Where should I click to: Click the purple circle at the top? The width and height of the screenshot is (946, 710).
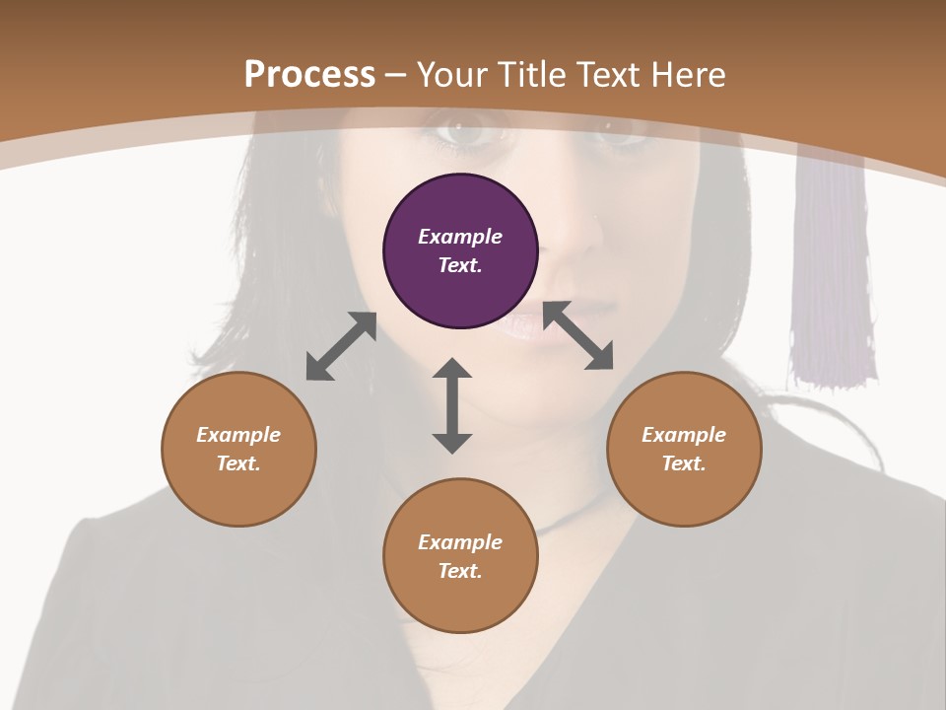tap(460, 250)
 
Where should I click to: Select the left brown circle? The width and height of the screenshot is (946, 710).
tap(238, 449)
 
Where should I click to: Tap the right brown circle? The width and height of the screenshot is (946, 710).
tap(684, 449)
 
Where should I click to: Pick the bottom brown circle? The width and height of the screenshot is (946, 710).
tap(460, 556)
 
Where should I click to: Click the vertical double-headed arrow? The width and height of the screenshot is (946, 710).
tap(452, 405)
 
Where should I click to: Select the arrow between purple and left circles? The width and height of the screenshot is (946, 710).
tap(341, 346)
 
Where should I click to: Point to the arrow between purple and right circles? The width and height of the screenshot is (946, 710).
tap(578, 335)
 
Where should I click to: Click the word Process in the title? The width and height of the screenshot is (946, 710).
tap(309, 74)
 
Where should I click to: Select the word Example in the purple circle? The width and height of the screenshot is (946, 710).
tap(460, 237)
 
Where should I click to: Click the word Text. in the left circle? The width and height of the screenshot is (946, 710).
tap(238, 463)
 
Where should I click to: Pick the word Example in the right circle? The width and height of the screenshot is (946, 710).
tap(684, 435)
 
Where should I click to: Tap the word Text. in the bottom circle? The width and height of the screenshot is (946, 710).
tap(460, 571)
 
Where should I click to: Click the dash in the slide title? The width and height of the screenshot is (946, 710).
tap(396, 75)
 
